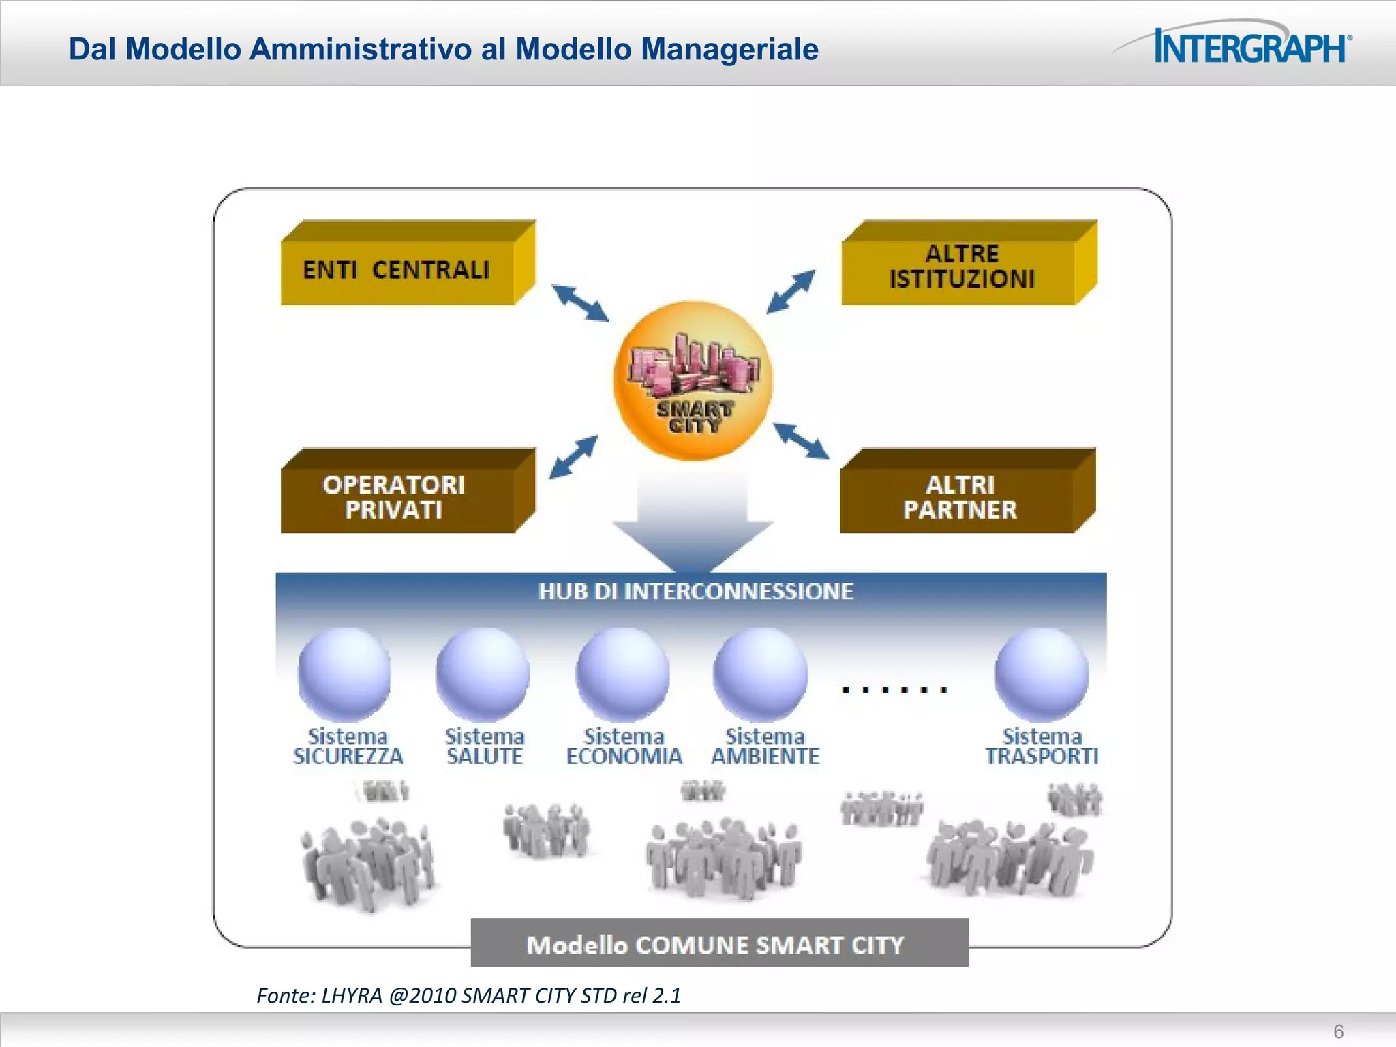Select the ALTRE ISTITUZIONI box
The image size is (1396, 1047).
click(961, 267)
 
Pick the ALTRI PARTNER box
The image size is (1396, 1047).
click(960, 497)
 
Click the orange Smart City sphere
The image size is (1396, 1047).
click(693, 380)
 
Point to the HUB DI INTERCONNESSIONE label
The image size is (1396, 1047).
click(695, 591)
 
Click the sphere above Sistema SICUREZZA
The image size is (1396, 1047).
click(345, 673)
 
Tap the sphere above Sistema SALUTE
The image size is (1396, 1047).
click(483, 673)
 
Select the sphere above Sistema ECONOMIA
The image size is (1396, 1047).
click(622, 673)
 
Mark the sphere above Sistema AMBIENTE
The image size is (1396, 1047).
click(761, 673)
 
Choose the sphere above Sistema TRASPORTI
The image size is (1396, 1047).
click(1042, 673)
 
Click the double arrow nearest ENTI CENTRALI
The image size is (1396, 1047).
click(580, 303)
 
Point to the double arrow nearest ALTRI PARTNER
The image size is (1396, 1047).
click(801, 441)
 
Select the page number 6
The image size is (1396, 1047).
click(1339, 1031)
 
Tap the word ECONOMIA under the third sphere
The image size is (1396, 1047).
click(624, 757)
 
